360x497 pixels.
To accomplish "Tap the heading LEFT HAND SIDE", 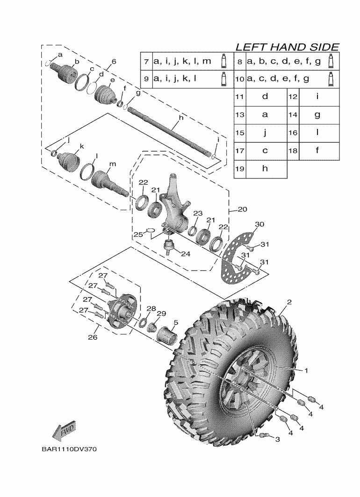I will click(287, 47).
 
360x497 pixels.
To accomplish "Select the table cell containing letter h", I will click(265, 169).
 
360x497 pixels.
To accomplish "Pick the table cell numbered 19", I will click(240, 169).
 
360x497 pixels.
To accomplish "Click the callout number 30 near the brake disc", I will click(259, 225).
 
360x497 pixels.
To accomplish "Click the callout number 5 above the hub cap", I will click(176, 322).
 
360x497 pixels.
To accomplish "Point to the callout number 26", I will click(93, 337).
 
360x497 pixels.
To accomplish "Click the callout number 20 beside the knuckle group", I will click(242, 210).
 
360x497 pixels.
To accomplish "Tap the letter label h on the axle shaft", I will click(181, 119).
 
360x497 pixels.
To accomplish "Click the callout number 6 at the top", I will click(114, 62).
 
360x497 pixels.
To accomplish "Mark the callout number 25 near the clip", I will click(137, 234).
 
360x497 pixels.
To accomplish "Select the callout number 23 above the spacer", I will click(198, 213).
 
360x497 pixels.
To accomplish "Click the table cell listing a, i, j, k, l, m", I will click(182, 61).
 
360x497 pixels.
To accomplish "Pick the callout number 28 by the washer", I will click(151, 308).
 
